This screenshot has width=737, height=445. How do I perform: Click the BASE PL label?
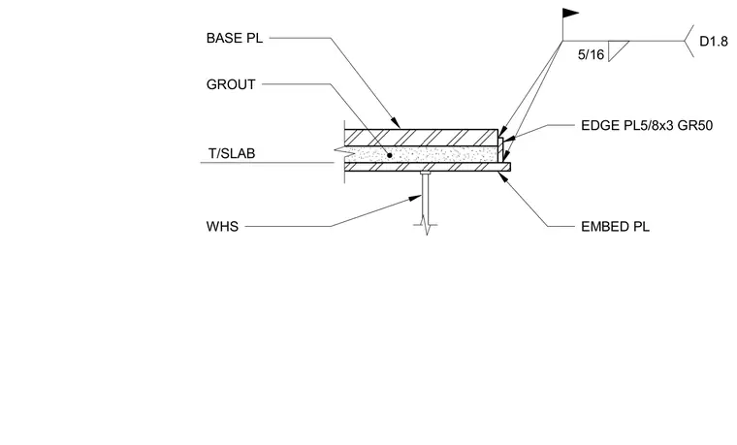pyautogui.click(x=235, y=38)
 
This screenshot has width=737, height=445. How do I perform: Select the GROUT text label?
pyautogui.click(x=231, y=84)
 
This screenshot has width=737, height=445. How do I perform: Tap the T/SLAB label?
pyautogui.click(x=232, y=153)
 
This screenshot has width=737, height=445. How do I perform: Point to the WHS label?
pyautogui.click(x=222, y=227)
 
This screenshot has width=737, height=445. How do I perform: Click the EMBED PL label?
pyautogui.click(x=615, y=227)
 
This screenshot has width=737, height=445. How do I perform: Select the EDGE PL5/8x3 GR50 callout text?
pyautogui.click(x=647, y=125)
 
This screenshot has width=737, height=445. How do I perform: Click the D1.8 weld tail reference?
pyautogui.click(x=714, y=42)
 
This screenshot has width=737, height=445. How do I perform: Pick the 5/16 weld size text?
pyautogui.click(x=591, y=55)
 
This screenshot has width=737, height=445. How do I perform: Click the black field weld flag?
pyautogui.click(x=570, y=14)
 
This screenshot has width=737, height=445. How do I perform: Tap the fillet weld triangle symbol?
pyautogui.click(x=616, y=48)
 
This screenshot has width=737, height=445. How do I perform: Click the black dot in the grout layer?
pyautogui.click(x=389, y=155)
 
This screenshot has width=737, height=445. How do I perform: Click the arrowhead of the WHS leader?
pyautogui.click(x=415, y=198)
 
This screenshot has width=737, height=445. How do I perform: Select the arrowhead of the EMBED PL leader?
pyautogui.click(x=502, y=176)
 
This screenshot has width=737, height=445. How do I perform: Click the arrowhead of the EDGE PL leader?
pyautogui.click(x=508, y=139)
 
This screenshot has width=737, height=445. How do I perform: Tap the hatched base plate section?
pyautogui.click(x=421, y=138)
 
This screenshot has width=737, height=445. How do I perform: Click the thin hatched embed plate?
pyautogui.click(x=428, y=167)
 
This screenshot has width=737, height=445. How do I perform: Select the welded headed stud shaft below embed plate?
pyautogui.click(x=426, y=197)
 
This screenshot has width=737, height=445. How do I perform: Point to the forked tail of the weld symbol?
pyautogui.click(x=689, y=42)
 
